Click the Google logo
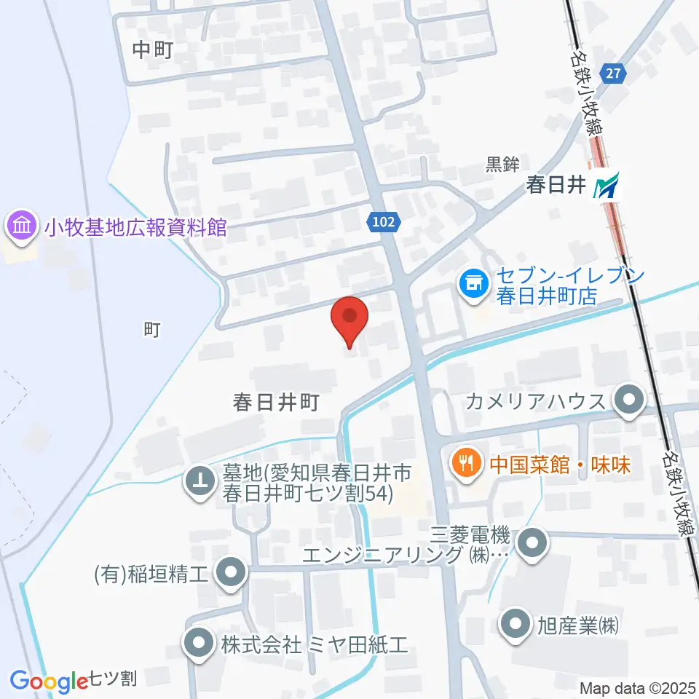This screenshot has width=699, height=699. click(50, 681)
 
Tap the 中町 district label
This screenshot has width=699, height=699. click(153, 50)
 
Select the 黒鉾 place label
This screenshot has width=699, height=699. click(503, 164)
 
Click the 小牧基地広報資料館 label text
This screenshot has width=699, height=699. click(135, 227)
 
